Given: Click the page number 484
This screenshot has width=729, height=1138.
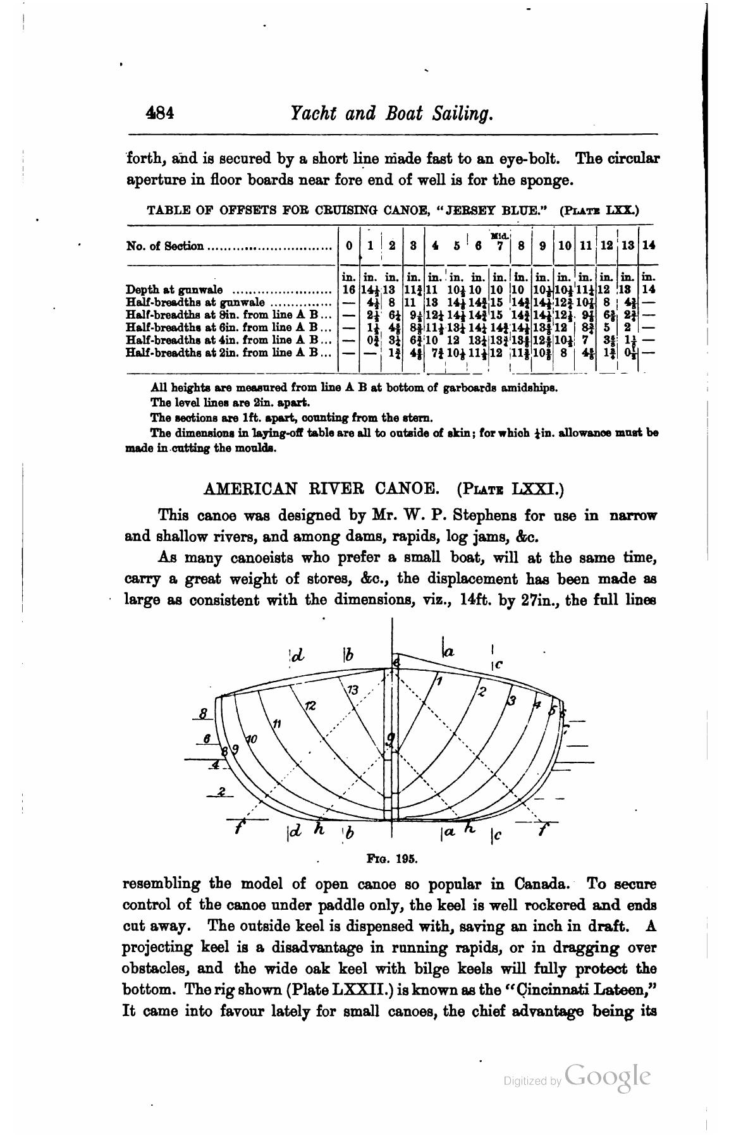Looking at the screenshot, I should (x=160, y=114).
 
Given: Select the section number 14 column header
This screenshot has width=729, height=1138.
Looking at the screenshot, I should (x=648, y=246).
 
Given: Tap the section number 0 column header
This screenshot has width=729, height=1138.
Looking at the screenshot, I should (x=349, y=246).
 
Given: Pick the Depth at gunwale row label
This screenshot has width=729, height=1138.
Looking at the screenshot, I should (x=175, y=290).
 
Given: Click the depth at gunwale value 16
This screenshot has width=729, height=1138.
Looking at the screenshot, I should (x=348, y=290).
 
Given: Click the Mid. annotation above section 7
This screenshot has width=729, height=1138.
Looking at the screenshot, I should (x=499, y=236).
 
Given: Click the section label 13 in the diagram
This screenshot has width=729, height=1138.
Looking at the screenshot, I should (x=353, y=690).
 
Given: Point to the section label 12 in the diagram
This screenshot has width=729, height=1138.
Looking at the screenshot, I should (x=310, y=706).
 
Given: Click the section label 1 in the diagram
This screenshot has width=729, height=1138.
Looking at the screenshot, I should (x=439, y=680).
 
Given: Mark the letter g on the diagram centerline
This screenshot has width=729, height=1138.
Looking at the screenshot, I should (x=391, y=738).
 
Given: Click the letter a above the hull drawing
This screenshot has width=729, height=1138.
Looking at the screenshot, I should (x=449, y=651).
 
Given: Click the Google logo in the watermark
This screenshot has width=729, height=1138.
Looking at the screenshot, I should (x=608, y=1075).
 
